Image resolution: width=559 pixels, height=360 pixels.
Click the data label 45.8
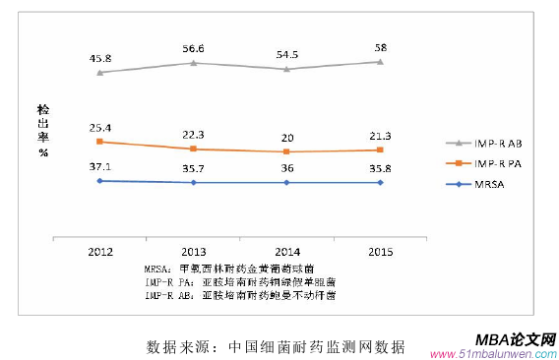coord(99,57)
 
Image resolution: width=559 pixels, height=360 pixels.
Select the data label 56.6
coord(193,48)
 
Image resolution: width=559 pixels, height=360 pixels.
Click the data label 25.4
coord(99,128)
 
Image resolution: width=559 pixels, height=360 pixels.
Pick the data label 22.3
coord(193,135)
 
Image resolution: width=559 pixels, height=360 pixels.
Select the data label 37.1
coord(99,167)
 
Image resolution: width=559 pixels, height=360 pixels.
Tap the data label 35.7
coord(193,169)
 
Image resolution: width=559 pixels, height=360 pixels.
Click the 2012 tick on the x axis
coord(99,251)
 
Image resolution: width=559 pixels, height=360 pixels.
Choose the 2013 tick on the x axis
coord(193,251)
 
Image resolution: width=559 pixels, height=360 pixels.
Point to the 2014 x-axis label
coord(286,251)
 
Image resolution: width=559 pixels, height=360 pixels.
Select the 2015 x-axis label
coord(380,251)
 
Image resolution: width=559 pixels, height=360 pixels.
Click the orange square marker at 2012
coord(99,142)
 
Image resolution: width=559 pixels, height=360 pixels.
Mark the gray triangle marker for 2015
coord(380,61)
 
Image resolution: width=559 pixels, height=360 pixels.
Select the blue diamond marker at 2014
coord(286,182)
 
